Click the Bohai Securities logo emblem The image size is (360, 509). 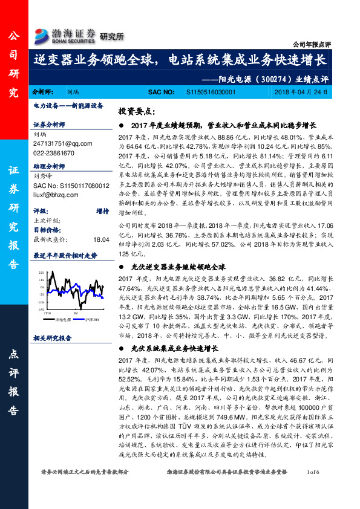[x=42, y=34]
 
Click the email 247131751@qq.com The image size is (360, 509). [x=56, y=143]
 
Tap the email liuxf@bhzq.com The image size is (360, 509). [x=55, y=195]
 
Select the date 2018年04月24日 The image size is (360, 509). [x=306, y=92]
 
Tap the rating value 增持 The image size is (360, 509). [x=102, y=211]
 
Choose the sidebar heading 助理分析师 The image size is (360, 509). [x=50, y=165]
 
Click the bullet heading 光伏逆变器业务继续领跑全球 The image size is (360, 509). [x=178, y=266]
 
